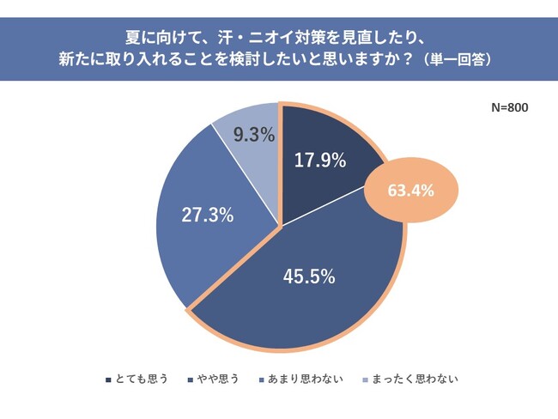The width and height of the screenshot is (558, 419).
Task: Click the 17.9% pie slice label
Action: click(318, 160)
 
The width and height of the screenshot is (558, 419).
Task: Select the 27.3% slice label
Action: click(207, 215)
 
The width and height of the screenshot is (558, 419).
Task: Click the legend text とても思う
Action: click(141, 378)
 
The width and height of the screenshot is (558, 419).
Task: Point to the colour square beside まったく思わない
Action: click(365, 379)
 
